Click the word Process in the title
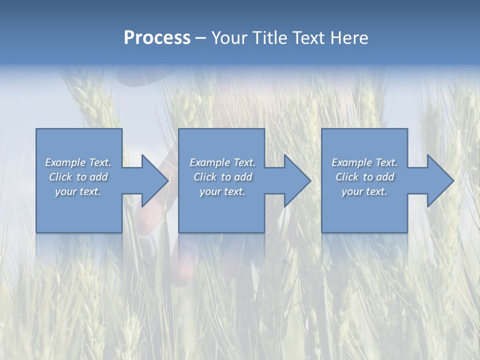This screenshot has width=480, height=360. [157, 38]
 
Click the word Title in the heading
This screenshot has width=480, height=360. [268, 38]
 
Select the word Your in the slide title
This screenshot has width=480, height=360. [229, 38]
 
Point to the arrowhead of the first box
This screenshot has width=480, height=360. [154, 180]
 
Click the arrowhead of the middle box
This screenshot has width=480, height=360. [297, 180]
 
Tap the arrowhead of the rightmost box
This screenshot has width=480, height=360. [440, 180]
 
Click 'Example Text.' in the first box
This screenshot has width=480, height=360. [78, 162]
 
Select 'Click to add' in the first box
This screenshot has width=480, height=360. [78, 177]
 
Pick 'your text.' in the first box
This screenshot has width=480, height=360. [78, 191]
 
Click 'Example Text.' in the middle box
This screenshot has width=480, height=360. [222, 162]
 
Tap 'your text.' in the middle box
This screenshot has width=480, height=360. [222, 191]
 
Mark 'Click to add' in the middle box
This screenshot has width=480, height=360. [222, 177]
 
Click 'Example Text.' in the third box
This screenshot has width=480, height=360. [364, 162]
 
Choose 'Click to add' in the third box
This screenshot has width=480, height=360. [364, 177]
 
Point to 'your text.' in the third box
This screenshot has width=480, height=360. [364, 191]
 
